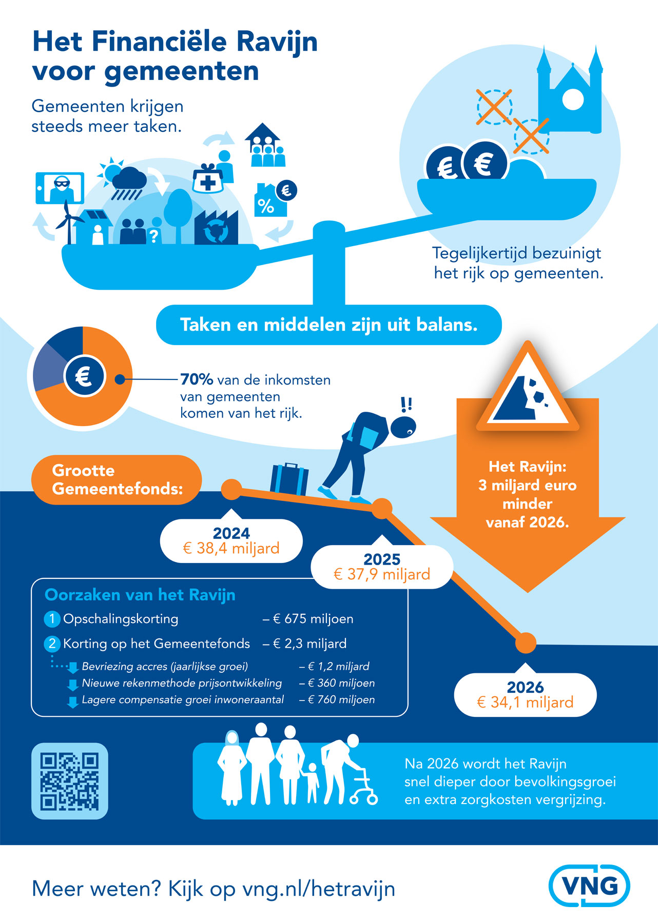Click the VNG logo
[x=589, y=886]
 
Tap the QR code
[x=70, y=781]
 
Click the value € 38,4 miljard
[x=231, y=548]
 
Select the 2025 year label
[x=381, y=559]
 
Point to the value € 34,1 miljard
[x=525, y=702]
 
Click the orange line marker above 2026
[x=525, y=643]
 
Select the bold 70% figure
[x=197, y=379]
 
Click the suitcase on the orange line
[x=289, y=479]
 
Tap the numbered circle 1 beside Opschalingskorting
[x=52, y=619]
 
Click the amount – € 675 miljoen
[x=308, y=619]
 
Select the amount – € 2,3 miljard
[x=305, y=644]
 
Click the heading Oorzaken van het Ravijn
[x=140, y=595]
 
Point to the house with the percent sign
[x=267, y=201]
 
